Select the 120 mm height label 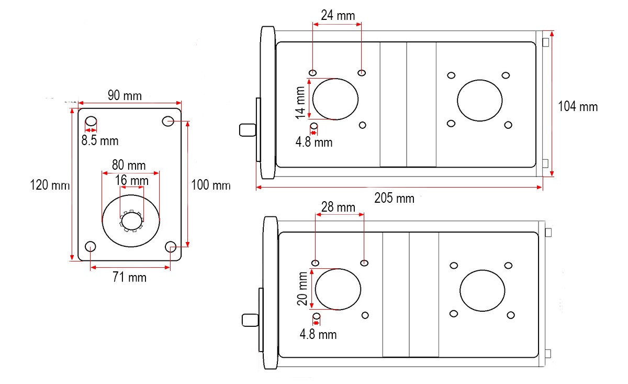pyautogui.click(x=50, y=185)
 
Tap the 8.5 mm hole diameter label pyautogui.click(x=99, y=140)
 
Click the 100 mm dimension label pyautogui.click(x=210, y=185)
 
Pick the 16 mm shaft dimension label pyautogui.click(x=131, y=181)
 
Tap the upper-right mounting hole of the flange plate pyautogui.click(x=168, y=121)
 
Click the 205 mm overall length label pyautogui.click(x=394, y=198)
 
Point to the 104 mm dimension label pyautogui.click(x=578, y=106)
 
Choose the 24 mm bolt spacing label pyautogui.click(x=338, y=15)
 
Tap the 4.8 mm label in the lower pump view pyautogui.click(x=318, y=334)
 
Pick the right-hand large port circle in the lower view pyautogui.click(x=483, y=291)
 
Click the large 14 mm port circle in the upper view pyautogui.click(x=335, y=99)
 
